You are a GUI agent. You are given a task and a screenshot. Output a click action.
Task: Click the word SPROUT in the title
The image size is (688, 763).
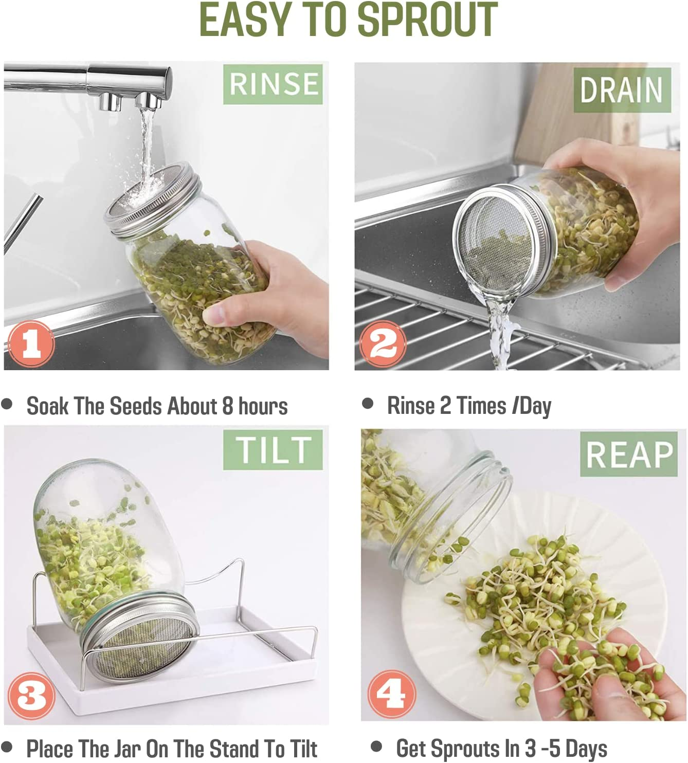[427, 20]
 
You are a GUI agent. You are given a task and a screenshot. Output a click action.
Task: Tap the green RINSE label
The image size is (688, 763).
[273, 84]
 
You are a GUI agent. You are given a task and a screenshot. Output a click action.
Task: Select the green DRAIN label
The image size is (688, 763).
[622, 90]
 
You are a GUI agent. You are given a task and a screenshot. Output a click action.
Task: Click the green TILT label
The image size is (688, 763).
[273, 450]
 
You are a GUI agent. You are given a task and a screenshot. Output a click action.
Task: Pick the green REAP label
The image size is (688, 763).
[629, 455]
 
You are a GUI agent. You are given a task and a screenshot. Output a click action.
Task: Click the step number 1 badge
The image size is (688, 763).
[31, 343]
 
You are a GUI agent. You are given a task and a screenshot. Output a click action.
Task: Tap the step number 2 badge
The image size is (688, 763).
[383, 343]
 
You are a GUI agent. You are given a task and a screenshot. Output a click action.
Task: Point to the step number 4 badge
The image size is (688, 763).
[391, 694]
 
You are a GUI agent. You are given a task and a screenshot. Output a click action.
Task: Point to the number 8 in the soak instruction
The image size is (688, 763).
[227, 406]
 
